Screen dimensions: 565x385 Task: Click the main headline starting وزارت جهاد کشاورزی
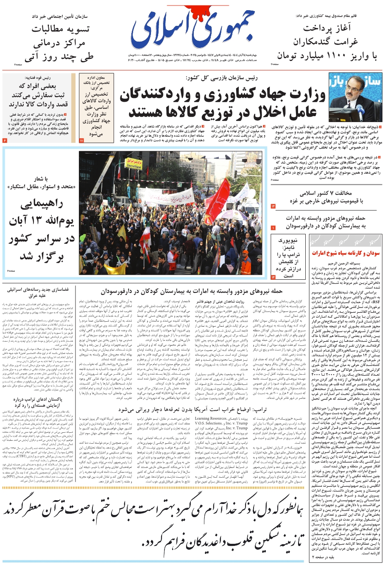coord(223,104)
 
